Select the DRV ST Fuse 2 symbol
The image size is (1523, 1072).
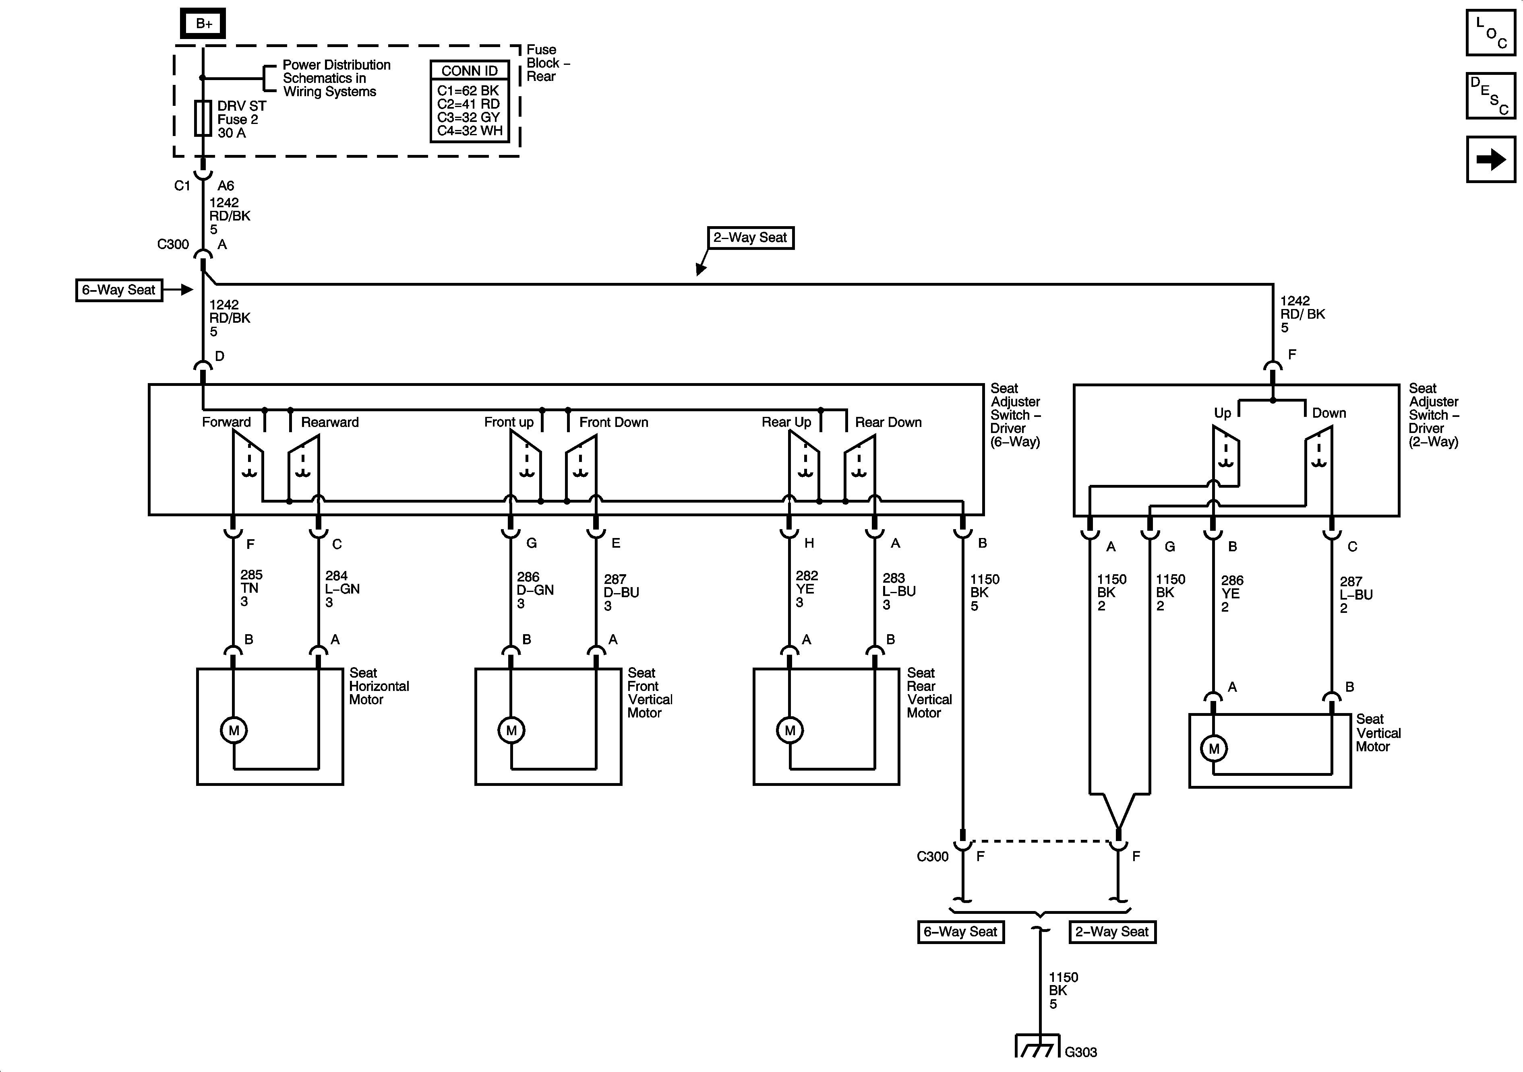point(203,119)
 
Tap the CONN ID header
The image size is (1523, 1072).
point(470,71)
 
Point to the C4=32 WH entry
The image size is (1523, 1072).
point(470,131)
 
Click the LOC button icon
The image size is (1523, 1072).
point(1490,33)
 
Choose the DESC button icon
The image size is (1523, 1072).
point(1490,96)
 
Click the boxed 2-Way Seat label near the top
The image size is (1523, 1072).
point(750,238)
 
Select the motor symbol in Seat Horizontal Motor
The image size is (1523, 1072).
point(234,731)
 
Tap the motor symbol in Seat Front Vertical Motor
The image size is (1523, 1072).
point(511,731)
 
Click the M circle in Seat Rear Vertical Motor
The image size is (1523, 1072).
point(789,731)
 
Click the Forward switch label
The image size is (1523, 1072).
point(226,422)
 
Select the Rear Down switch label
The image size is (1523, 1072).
point(888,422)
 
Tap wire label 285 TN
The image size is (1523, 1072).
point(251,588)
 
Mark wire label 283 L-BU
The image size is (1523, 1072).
point(899,592)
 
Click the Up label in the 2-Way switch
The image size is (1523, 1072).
point(1223,413)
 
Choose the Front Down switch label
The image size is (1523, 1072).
point(614,422)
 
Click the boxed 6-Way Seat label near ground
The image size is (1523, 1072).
point(960,932)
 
